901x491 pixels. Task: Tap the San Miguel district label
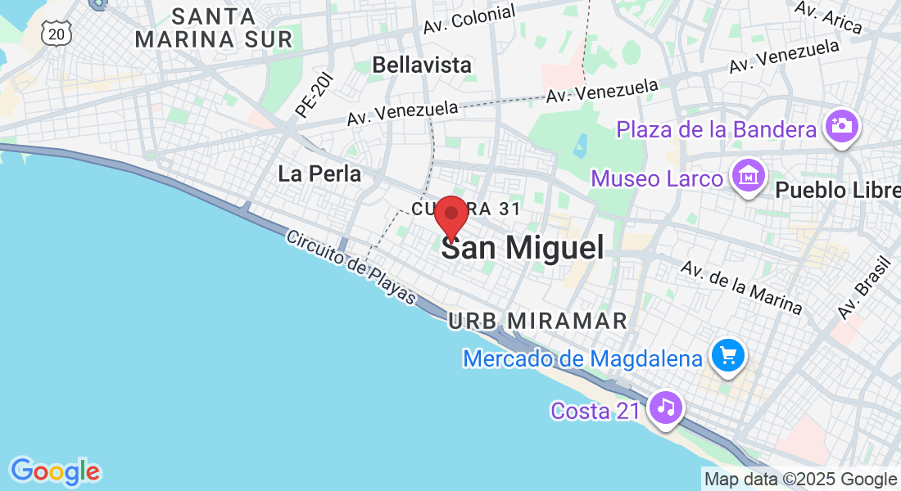click(523, 248)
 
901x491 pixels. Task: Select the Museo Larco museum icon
click(749, 178)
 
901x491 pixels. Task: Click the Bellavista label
click(422, 65)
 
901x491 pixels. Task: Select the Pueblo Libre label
click(835, 191)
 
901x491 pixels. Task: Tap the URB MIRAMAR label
click(538, 320)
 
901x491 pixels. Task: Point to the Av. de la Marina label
click(742, 288)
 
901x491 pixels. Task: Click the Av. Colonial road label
click(469, 19)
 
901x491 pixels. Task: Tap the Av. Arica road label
click(829, 17)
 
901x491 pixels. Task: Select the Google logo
click(55, 471)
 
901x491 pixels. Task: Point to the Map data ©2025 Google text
click(800, 480)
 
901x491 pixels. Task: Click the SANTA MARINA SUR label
click(214, 27)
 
